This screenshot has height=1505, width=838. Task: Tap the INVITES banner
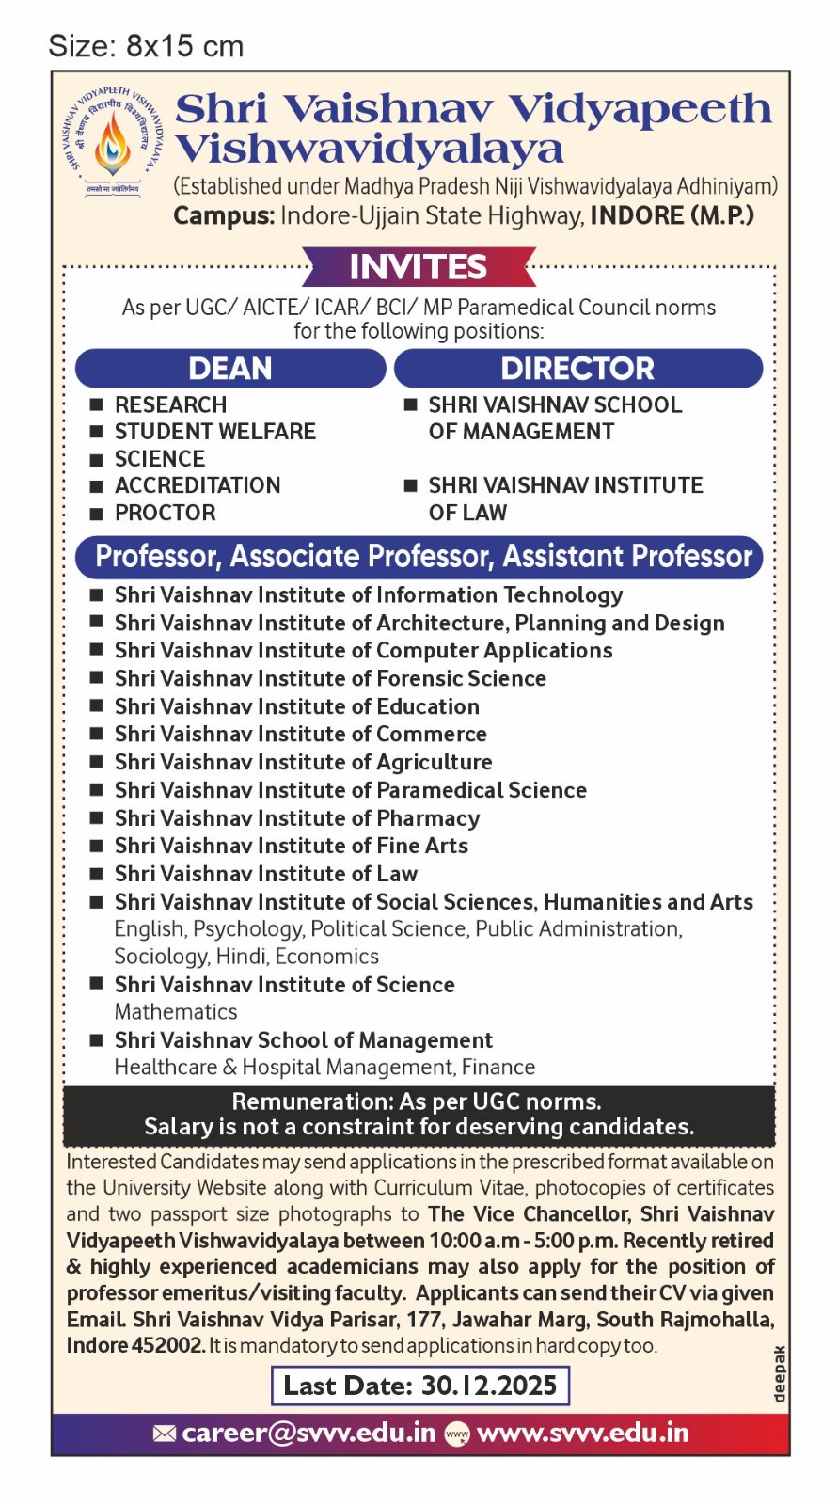click(x=419, y=267)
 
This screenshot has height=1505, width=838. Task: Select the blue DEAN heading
click(x=230, y=369)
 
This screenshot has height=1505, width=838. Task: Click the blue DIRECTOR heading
click(x=577, y=369)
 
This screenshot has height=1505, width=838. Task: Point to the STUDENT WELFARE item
click(x=214, y=432)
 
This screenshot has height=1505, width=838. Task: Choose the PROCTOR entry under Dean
click(x=165, y=513)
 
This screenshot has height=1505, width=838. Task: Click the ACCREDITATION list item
click(x=198, y=485)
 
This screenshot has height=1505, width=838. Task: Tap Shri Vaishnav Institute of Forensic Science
click(x=330, y=678)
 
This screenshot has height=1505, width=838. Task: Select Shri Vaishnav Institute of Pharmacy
click(x=297, y=818)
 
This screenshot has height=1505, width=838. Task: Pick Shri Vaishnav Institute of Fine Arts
click(x=292, y=846)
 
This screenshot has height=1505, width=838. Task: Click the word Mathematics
click(x=176, y=1012)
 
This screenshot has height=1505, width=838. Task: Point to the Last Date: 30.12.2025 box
click(x=420, y=1386)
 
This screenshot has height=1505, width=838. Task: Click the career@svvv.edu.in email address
click(x=308, y=1433)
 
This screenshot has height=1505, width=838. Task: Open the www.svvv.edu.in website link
click(x=583, y=1433)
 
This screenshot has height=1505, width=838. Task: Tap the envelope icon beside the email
click(x=165, y=1433)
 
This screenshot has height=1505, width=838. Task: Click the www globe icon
click(x=456, y=1434)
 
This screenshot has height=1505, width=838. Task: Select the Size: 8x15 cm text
click(x=146, y=46)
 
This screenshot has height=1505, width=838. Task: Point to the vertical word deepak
click(x=779, y=1374)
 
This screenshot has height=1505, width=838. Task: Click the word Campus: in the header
click(x=223, y=215)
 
